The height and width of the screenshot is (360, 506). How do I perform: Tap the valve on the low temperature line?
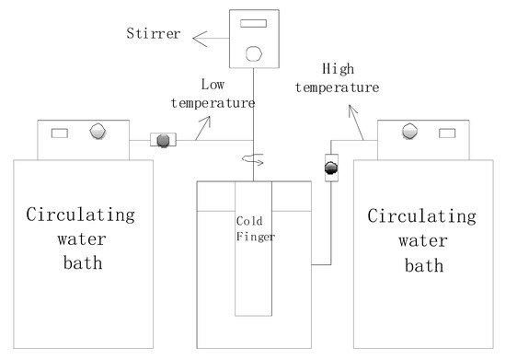pos(165,141)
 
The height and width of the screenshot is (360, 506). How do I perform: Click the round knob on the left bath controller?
pos(97,133)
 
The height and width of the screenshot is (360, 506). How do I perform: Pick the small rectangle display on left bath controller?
pos(60,134)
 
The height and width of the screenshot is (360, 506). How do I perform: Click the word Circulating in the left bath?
pos(81,217)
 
